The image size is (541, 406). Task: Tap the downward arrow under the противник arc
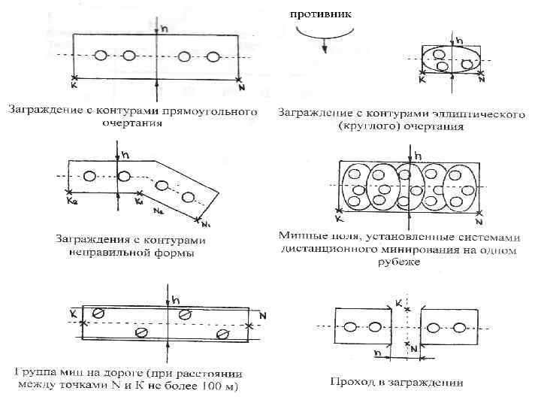click(325, 47)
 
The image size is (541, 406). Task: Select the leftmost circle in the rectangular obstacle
click(102, 56)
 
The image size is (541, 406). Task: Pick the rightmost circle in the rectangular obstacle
click(213, 56)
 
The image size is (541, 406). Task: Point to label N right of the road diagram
click(262, 317)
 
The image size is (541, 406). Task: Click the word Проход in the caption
click(351, 382)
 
